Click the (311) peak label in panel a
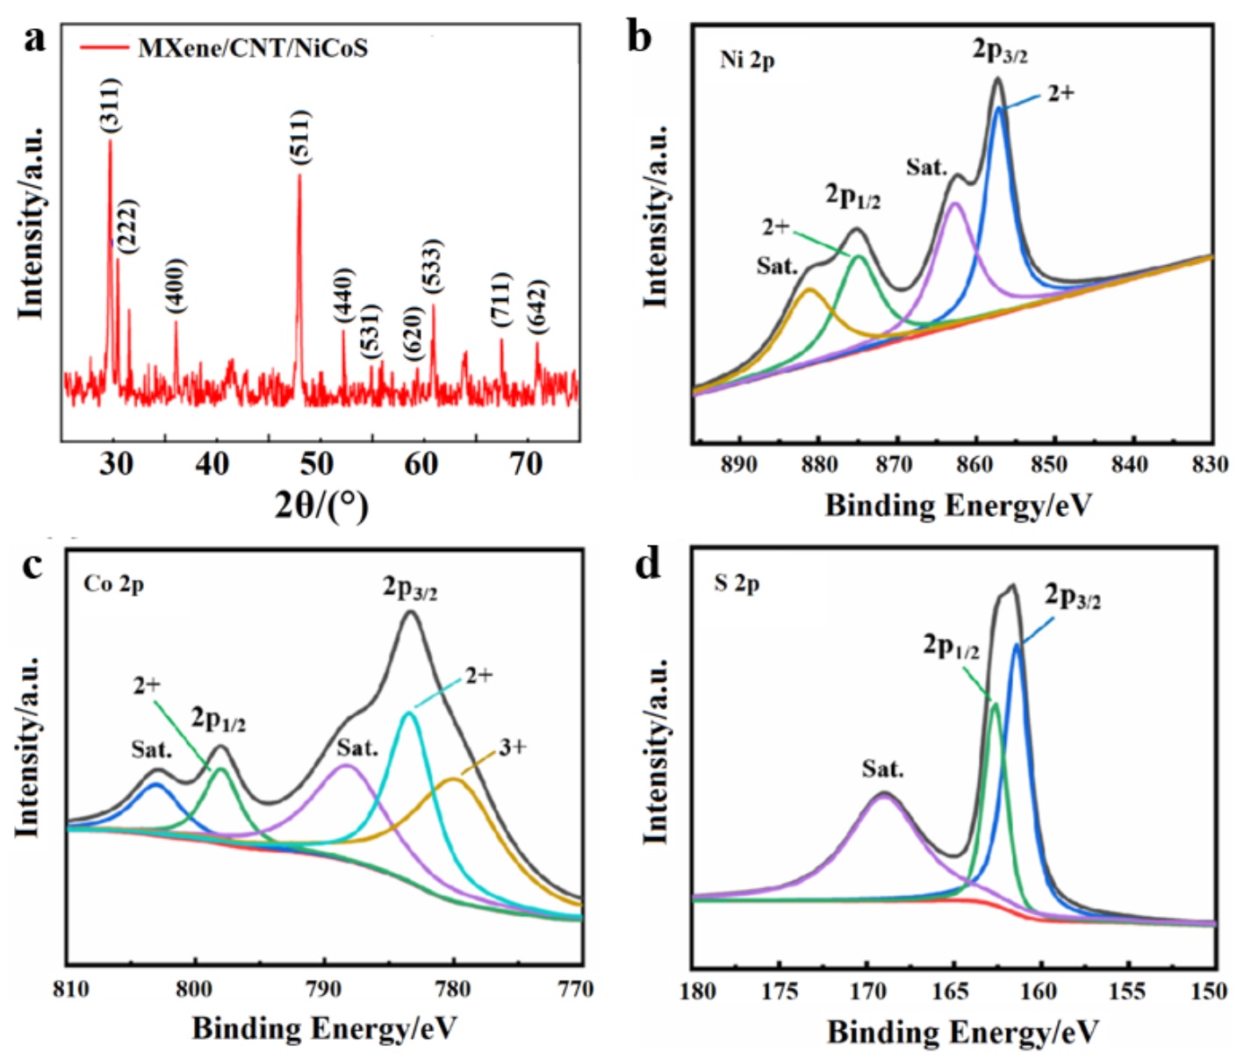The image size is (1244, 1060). (111, 106)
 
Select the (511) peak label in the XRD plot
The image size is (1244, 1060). (300, 137)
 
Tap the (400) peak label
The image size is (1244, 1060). (176, 285)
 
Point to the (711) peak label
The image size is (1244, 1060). (501, 300)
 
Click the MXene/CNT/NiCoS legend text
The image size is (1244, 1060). (253, 47)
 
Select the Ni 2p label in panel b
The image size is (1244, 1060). (747, 60)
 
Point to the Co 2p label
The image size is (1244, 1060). (113, 584)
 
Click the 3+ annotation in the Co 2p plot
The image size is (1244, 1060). (513, 748)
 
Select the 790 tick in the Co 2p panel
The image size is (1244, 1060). (324, 989)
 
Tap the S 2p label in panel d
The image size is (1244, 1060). (737, 584)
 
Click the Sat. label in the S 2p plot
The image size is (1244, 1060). (882, 770)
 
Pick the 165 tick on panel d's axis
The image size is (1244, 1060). (954, 991)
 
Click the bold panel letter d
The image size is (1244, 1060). (648, 564)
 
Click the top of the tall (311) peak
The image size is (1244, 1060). (110, 141)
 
